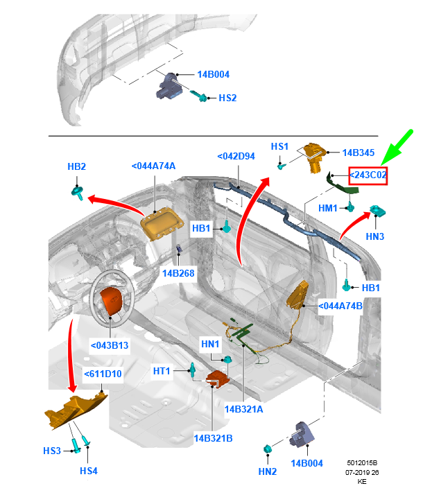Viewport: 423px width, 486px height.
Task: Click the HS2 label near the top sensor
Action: click(x=227, y=98)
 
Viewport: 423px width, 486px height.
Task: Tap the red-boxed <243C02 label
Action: click(x=368, y=175)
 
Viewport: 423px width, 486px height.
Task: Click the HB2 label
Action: click(x=76, y=167)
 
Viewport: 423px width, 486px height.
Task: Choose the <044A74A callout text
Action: click(x=153, y=166)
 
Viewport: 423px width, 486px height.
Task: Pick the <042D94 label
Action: click(x=236, y=157)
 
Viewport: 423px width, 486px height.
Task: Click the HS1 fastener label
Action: click(x=279, y=146)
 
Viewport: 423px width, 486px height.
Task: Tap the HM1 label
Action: click(x=327, y=208)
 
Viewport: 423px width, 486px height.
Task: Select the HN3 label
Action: click(x=375, y=236)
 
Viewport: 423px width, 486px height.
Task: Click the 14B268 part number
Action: click(x=178, y=273)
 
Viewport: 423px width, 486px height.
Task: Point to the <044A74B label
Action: click(x=340, y=305)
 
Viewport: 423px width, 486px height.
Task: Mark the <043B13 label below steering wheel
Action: click(x=110, y=345)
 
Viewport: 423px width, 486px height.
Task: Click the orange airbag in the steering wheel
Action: click(x=112, y=302)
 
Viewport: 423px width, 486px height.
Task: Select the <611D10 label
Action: click(x=103, y=374)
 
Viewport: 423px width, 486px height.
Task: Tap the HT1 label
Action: click(x=162, y=372)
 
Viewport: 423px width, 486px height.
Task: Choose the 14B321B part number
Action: click(x=213, y=438)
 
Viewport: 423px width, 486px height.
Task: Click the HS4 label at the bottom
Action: click(x=89, y=471)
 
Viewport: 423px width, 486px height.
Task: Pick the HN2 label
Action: click(x=268, y=471)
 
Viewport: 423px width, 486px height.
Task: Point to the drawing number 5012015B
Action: click(x=362, y=462)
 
